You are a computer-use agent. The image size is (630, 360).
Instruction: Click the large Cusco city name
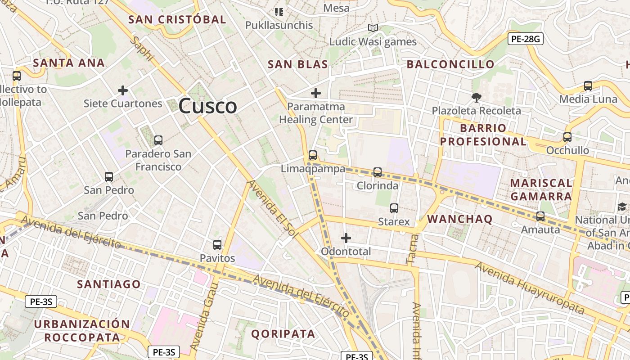pos(207,106)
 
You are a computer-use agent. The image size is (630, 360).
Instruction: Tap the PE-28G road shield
pos(525,39)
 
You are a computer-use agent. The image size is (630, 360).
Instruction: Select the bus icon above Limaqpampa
pos(313,155)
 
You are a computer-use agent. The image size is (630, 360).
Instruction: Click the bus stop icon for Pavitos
pos(217,245)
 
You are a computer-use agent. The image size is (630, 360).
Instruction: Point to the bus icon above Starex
pos(394,208)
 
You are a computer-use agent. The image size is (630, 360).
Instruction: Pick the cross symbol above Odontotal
pos(346,238)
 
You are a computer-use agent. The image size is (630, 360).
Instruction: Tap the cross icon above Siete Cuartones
pos(123,90)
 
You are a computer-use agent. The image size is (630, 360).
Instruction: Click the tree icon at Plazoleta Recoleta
pos(476,97)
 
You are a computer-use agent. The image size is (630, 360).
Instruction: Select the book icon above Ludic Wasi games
pos(373,28)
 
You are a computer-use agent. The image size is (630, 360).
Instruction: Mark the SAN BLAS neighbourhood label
pos(298,64)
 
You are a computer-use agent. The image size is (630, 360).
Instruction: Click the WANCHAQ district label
pos(459,219)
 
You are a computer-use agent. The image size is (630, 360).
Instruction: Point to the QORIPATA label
pos(283,333)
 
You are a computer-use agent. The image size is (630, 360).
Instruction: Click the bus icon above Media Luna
pos(588,85)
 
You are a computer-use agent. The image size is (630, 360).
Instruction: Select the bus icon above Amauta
pos(540,216)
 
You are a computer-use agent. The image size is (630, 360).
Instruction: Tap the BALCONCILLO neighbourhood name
pos(450,64)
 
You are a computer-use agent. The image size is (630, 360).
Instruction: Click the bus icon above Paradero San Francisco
pos(158,140)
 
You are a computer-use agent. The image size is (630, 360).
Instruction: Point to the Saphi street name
pos(142,49)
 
